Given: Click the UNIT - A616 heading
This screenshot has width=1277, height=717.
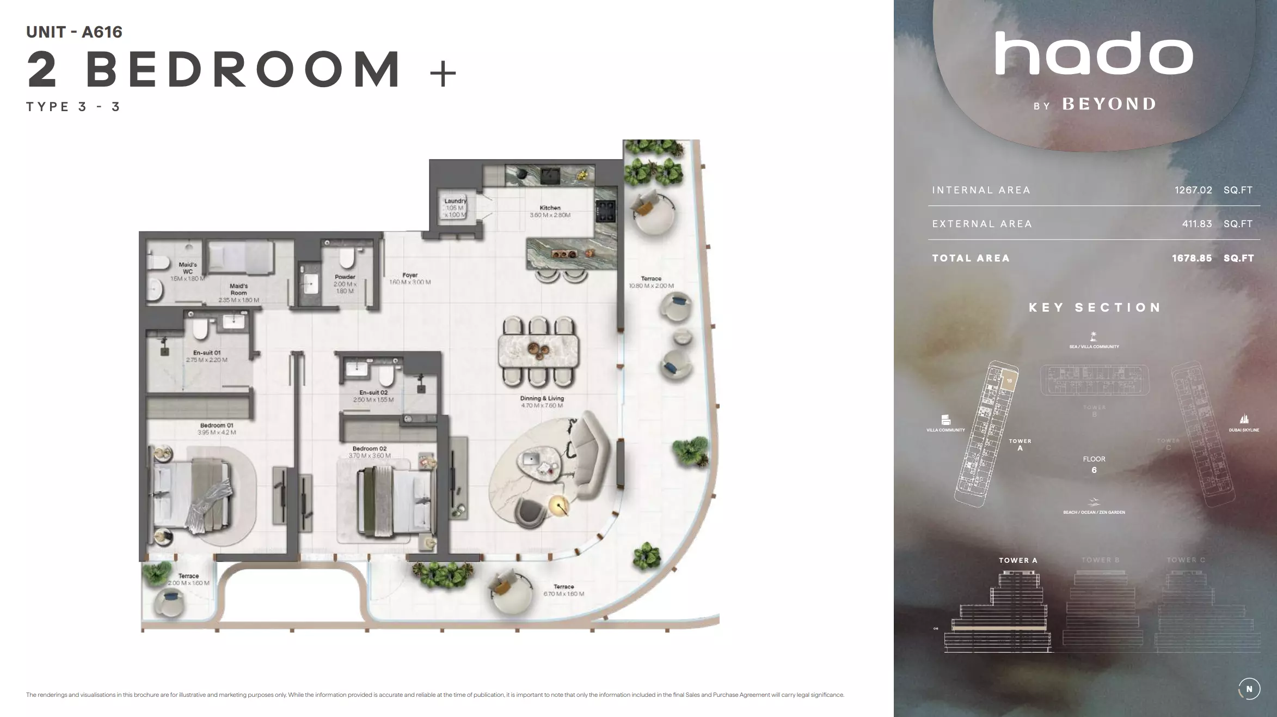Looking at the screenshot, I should pyautogui.click(x=75, y=32).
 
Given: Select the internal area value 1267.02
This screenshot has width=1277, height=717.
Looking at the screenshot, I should pyautogui.click(x=1193, y=190).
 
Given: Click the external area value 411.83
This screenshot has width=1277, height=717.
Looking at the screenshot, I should pyautogui.click(x=1196, y=224).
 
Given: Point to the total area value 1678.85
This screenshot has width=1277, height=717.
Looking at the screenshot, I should pyautogui.click(x=1192, y=258).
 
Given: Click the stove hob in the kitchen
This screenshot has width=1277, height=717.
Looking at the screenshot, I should pyautogui.click(x=606, y=211).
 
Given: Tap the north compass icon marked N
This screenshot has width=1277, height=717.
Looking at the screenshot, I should pyautogui.click(x=1249, y=689).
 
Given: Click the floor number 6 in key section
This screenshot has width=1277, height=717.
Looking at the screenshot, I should pyautogui.click(x=1094, y=470).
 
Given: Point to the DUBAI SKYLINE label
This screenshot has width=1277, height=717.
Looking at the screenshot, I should pyautogui.click(x=1243, y=430).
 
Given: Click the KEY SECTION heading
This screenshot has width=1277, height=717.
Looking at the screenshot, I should pyautogui.click(x=1094, y=308).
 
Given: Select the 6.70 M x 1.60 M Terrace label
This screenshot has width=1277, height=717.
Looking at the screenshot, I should pyautogui.click(x=563, y=591).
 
